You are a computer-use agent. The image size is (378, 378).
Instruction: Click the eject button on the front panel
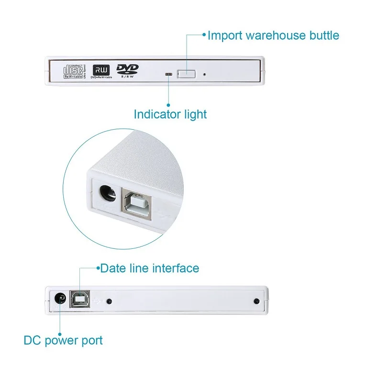pos(187,74)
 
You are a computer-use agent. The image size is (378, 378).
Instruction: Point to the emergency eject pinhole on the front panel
pos(205,74)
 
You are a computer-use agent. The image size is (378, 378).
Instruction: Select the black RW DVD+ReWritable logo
pos(100,70)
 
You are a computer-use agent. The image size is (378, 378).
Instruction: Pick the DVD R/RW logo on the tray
pos(127,70)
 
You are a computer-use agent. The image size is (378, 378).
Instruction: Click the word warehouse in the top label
pos(265,35)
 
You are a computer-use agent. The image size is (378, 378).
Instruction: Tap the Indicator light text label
pos(170,114)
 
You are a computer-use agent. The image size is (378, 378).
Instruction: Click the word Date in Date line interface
pos(113,268)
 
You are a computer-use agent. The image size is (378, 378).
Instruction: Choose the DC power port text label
pos(63,341)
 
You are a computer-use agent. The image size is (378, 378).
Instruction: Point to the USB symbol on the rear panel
pos(99,301)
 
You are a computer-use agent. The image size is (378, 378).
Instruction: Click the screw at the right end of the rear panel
pos(256,301)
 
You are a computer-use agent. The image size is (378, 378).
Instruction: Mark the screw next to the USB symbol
pos(110,301)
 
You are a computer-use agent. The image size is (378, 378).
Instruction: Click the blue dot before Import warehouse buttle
pos(204,34)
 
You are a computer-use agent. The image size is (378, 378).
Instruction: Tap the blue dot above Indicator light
pos(168,104)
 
